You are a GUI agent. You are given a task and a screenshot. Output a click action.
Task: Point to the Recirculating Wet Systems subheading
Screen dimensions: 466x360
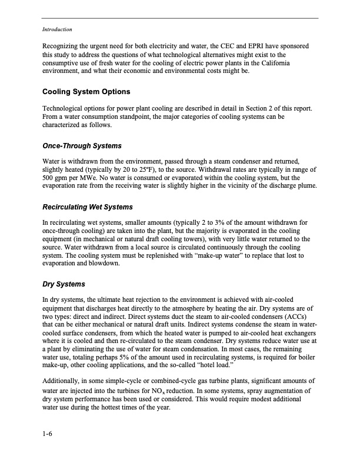click(x=88, y=207)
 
